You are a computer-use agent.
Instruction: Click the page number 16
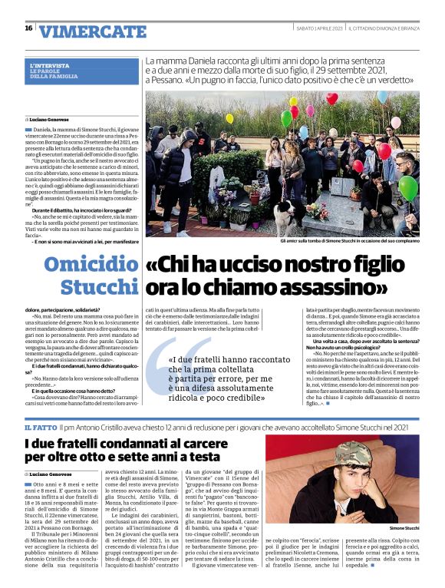point(28,28)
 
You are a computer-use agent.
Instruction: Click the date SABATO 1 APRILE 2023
point(319,28)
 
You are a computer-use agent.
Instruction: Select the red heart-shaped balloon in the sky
point(331,98)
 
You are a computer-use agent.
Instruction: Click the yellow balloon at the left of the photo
point(229,119)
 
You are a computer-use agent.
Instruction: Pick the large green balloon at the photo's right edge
point(408,187)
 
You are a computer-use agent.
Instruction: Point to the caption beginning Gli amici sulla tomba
point(350,240)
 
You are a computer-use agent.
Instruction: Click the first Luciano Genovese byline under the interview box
point(45,121)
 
